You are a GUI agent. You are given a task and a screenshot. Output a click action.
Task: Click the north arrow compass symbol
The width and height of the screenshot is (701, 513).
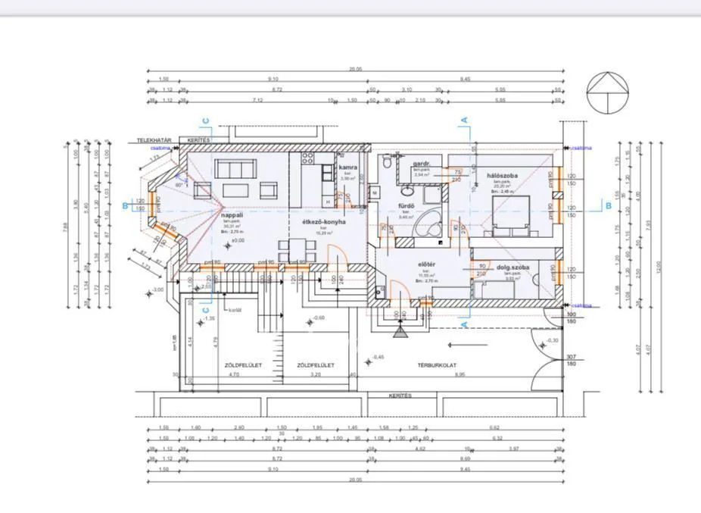pyautogui.click(x=608, y=92)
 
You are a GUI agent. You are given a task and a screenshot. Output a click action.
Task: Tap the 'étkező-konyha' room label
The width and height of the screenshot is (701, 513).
pyautogui.click(x=325, y=222)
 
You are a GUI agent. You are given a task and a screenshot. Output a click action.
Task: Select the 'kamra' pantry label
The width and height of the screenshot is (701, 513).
pyautogui.click(x=347, y=167)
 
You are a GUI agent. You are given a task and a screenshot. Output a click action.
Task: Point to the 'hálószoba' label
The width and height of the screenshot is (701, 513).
pyautogui.click(x=501, y=174)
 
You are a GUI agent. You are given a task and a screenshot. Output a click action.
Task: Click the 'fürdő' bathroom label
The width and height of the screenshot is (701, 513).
pyautogui.click(x=406, y=206)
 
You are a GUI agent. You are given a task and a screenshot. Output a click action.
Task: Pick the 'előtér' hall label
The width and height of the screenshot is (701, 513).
pyautogui.click(x=426, y=264)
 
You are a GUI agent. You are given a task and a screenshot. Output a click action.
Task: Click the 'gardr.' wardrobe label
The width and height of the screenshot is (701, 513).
pyautogui.click(x=422, y=164)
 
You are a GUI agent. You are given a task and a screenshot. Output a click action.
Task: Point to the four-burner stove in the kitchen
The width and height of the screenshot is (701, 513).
pyautogui.click(x=308, y=158)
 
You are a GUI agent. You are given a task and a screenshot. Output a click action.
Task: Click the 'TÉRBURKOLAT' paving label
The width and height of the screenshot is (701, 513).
pyautogui.click(x=436, y=365)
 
